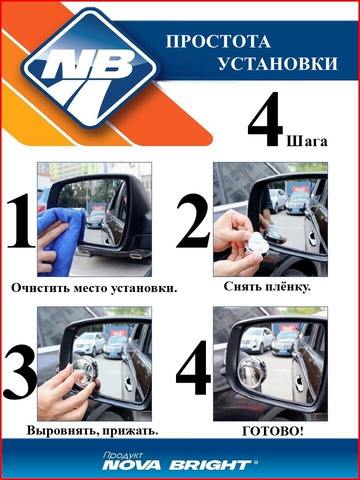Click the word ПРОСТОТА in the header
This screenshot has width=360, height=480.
coord(218,41)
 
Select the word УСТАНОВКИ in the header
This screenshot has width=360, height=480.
coord(278,63)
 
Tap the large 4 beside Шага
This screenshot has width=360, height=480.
coord(265,120)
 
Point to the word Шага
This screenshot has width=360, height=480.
coord(307,141)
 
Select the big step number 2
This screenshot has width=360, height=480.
coord(193,221)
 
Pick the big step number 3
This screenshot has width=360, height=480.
coord(20,372)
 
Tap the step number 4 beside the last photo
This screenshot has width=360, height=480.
coord(193,367)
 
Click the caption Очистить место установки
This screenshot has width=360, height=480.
coord(94,288)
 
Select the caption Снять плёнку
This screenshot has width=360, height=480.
coord(267,286)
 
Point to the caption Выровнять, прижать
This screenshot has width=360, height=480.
coord(92,430)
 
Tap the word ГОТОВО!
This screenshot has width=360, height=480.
coord(272,431)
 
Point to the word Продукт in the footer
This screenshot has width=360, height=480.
coord(122,455)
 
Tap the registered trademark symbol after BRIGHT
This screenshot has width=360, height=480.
coord(256,463)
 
